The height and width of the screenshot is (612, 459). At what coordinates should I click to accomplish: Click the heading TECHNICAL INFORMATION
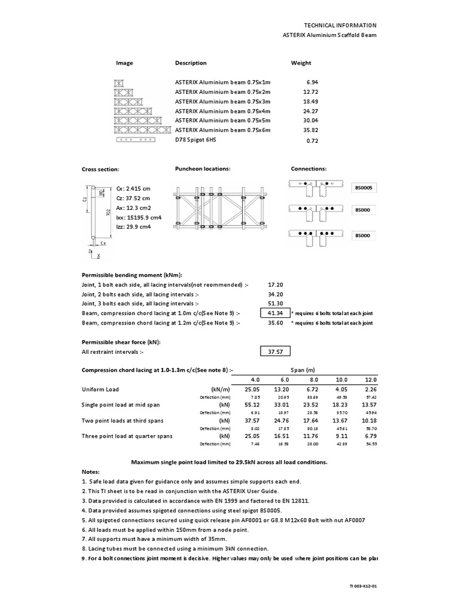341,25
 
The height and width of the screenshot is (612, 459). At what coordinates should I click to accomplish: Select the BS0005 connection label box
365,188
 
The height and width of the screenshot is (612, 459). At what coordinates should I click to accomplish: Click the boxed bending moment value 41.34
274,313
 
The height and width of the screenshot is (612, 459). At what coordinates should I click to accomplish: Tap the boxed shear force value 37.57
274,352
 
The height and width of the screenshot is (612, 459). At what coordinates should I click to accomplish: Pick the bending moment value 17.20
276,284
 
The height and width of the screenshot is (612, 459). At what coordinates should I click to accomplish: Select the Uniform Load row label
100,390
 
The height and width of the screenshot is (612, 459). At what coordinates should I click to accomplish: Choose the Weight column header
301,63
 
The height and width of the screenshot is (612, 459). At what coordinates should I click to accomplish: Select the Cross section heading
100,170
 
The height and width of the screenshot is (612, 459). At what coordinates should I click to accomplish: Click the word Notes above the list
91,472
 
